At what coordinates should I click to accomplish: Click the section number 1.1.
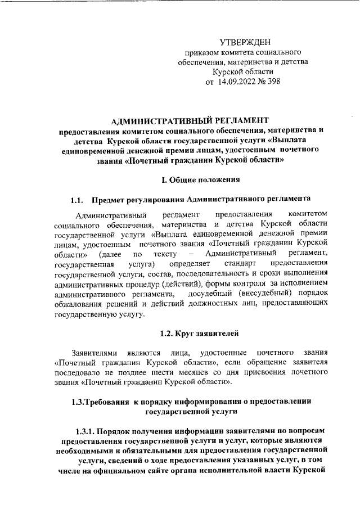pyautogui.click(x=77, y=200)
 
